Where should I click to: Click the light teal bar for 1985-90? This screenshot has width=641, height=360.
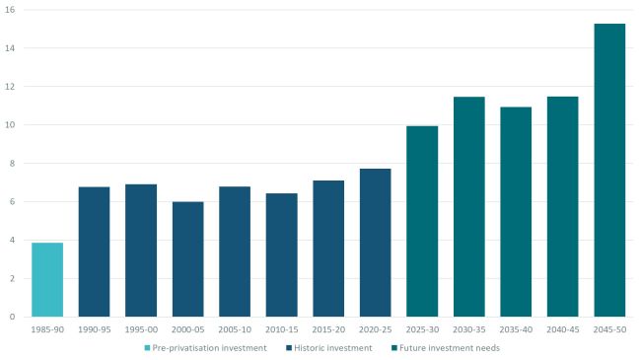47,280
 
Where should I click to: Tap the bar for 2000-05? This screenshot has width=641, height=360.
187,259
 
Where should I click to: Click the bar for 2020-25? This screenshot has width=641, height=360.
375,243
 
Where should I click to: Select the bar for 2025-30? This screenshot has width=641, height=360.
422,221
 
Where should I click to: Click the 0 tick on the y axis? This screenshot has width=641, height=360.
12,317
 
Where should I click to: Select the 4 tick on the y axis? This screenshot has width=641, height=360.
12,240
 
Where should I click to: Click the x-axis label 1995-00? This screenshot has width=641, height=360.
141,329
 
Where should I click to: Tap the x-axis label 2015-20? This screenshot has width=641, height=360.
328,329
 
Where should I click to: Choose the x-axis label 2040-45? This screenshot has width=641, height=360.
562,329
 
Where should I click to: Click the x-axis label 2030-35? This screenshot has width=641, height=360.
468,329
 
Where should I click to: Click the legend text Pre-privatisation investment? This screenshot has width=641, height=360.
210,348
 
